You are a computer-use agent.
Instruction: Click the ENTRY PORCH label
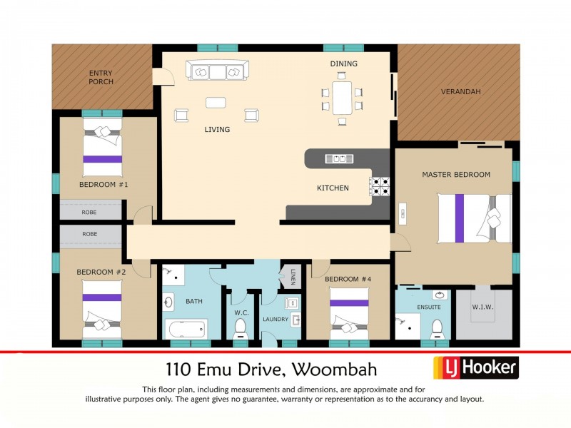point(101,77)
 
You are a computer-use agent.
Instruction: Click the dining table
point(343,97)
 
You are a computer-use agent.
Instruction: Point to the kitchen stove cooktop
point(379,186)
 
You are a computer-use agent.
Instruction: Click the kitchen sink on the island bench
point(339,158)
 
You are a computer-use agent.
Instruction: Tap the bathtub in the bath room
point(186,330)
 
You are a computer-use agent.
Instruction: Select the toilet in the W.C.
point(241,327)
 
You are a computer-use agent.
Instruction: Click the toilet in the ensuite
point(437,329)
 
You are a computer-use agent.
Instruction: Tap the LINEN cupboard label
point(293,275)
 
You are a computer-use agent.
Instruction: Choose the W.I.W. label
point(483,307)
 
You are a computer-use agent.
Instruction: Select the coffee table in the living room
point(216,103)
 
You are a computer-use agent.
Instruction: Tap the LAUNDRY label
point(274,320)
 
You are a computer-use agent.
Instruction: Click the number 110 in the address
point(178,370)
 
